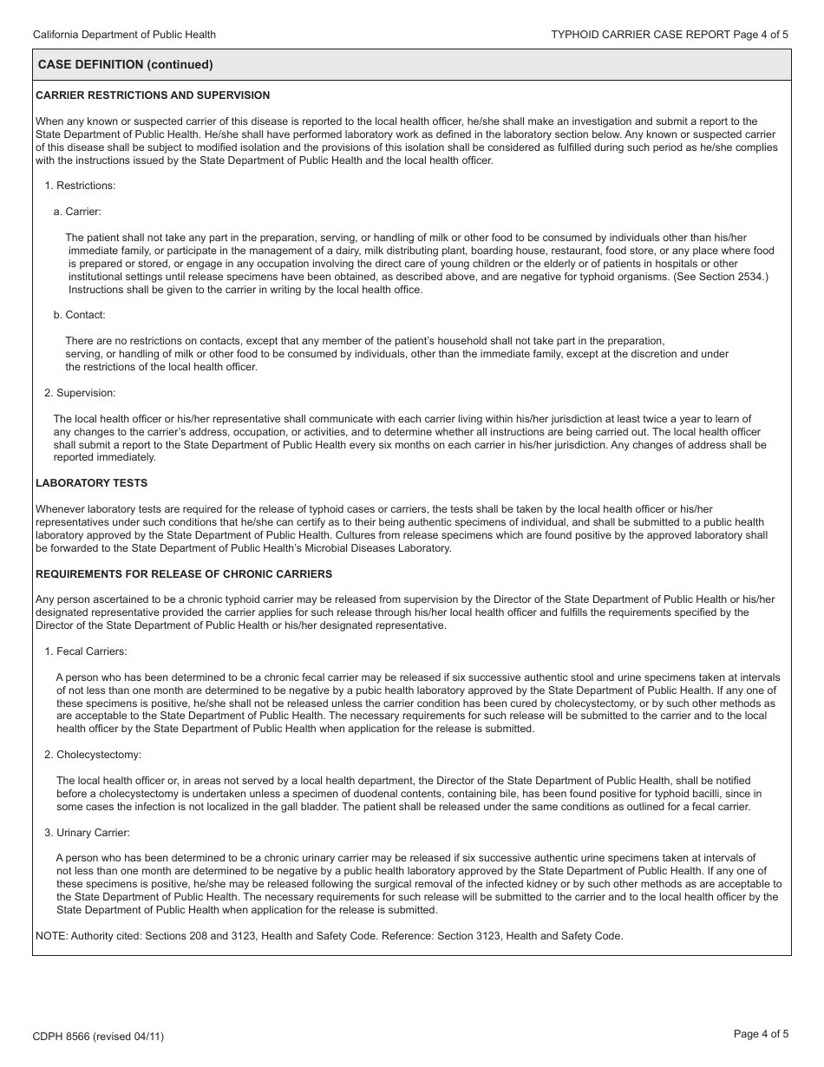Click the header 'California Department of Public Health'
point(124,35)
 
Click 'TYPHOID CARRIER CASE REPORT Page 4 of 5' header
point(670,35)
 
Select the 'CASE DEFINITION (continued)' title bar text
point(126,65)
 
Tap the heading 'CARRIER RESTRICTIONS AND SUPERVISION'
point(153,95)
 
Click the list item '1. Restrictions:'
point(80,186)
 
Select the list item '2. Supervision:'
point(80,393)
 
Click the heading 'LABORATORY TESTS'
point(92,483)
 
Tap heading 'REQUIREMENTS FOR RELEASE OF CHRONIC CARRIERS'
point(184,574)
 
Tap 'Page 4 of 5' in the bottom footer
point(761,1033)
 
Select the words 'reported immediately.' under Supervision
point(104,457)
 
